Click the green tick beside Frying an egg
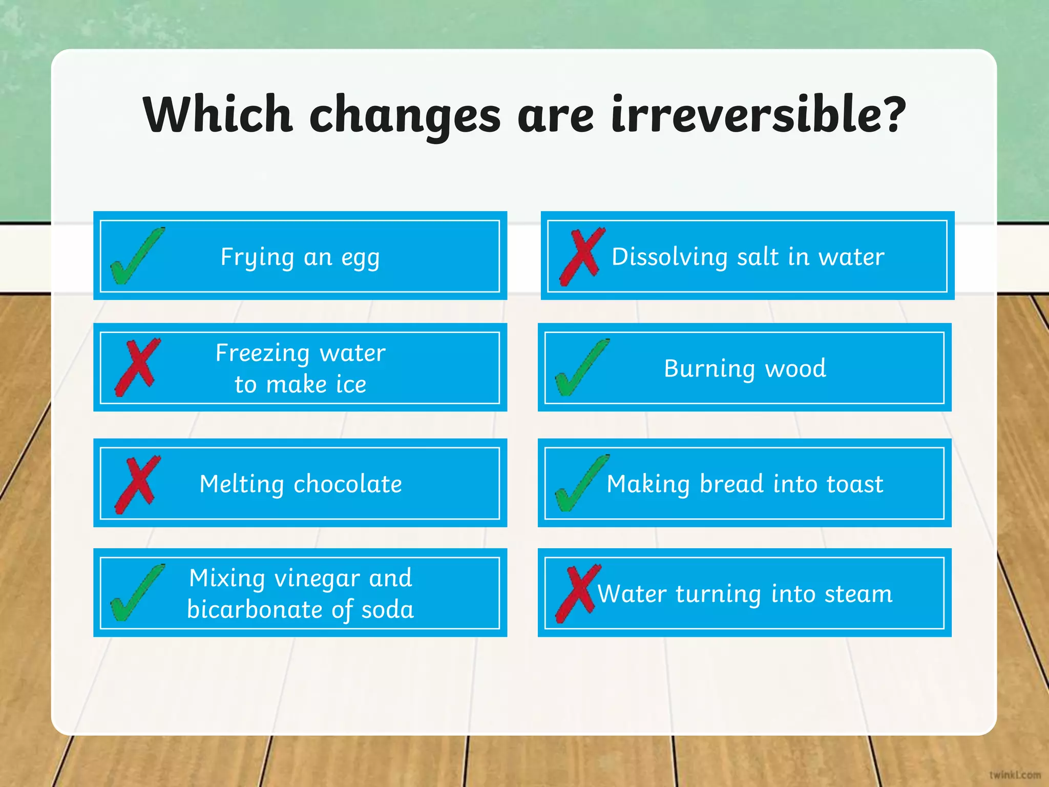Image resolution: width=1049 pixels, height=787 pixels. (136, 256)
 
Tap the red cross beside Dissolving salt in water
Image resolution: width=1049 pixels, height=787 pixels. (582, 256)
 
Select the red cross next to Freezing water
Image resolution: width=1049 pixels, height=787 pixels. (137, 367)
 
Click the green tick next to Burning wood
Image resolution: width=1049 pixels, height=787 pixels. (581, 368)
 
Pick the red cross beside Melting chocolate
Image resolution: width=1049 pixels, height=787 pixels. (137, 484)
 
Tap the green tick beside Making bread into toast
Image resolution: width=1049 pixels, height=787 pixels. (581, 484)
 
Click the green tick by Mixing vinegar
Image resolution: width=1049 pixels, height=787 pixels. (136, 593)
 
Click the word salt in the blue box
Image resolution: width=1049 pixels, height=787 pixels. (758, 257)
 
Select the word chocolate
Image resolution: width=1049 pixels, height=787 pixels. (348, 484)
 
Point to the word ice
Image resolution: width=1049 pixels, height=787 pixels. (351, 384)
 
